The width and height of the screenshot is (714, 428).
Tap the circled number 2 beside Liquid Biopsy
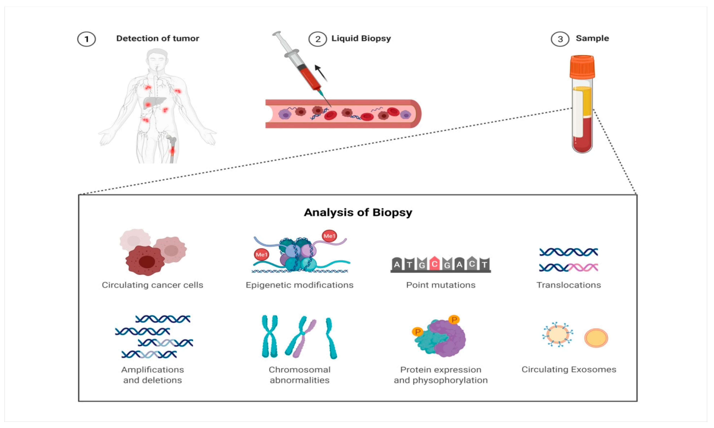(x=317, y=39)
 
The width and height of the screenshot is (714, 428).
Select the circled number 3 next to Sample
(x=560, y=39)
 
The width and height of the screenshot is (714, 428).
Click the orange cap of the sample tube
(x=582, y=67)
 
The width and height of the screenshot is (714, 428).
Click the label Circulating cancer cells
(x=152, y=285)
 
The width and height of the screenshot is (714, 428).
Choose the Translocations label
(x=568, y=285)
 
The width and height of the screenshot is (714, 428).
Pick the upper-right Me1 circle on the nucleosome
(x=329, y=236)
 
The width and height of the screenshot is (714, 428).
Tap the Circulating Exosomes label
(x=568, y=369)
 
